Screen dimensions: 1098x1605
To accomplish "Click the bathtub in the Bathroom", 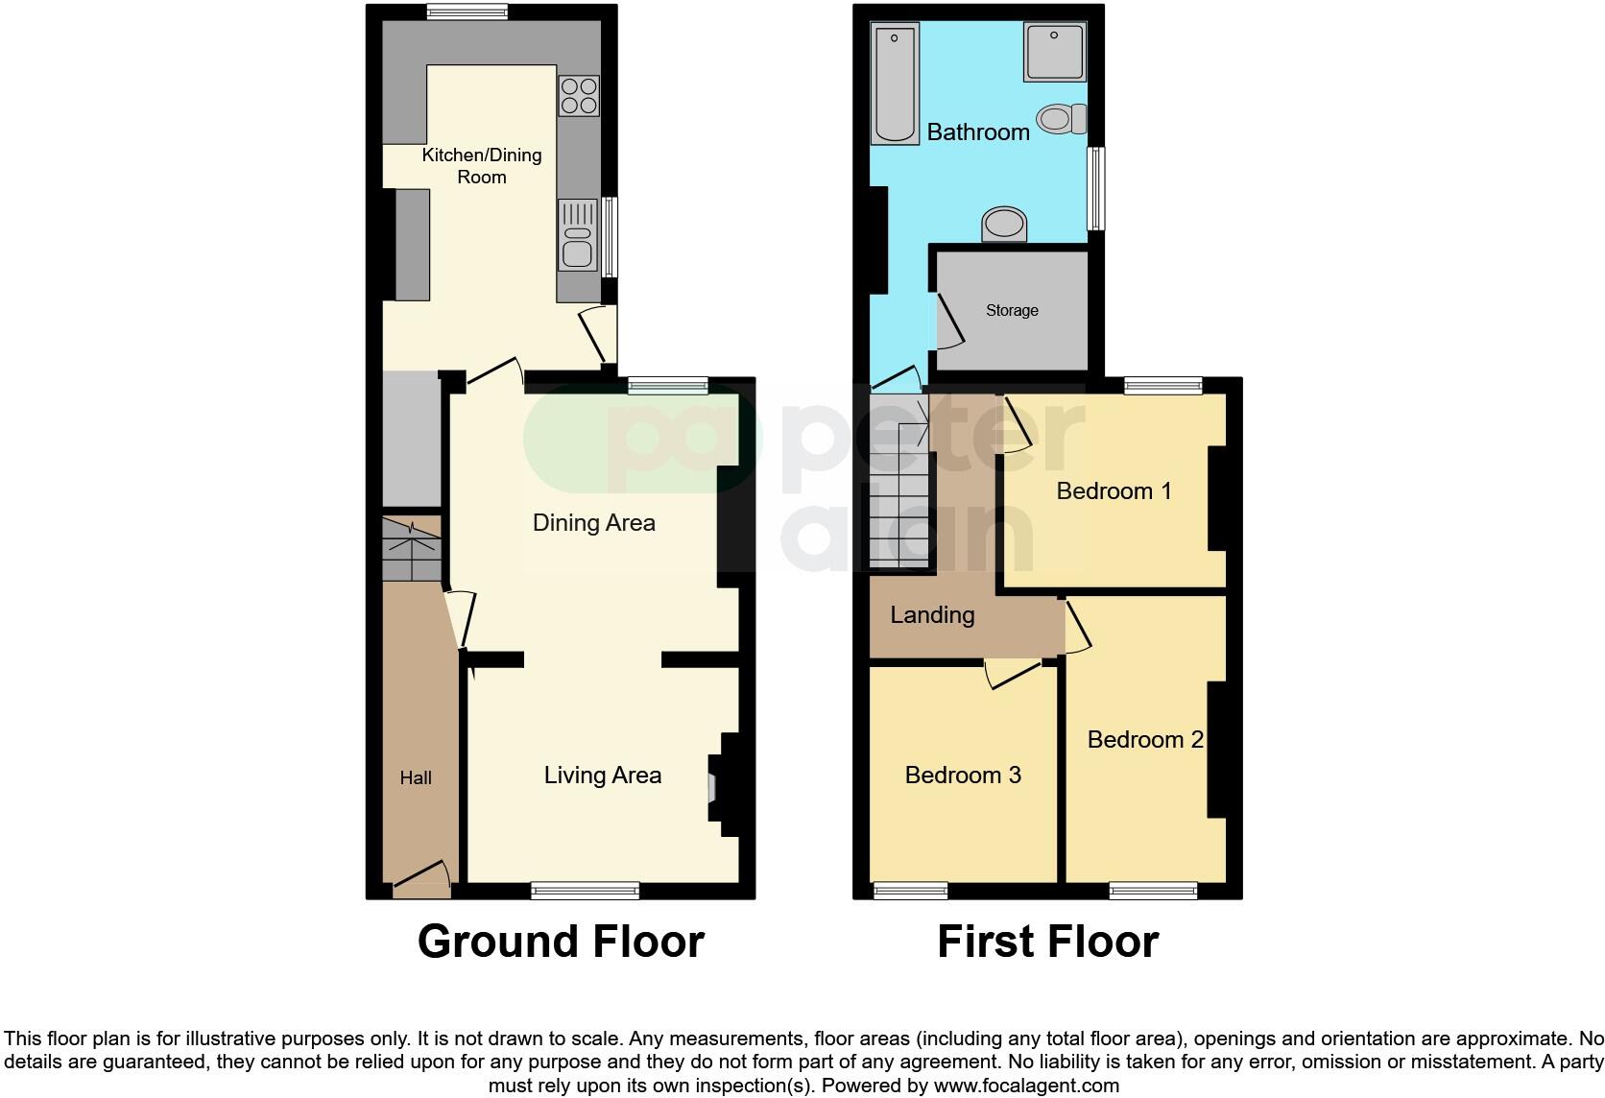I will (897, 84).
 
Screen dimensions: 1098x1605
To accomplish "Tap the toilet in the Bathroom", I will (1062, 119).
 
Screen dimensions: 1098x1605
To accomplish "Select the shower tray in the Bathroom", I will (1054, 52).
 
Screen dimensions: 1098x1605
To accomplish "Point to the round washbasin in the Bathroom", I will (1004, 225).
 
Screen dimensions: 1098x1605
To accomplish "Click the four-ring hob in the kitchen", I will (579, 96).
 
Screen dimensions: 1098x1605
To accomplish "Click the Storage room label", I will (1012, 311).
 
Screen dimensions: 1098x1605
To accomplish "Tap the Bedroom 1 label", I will (1114, 491).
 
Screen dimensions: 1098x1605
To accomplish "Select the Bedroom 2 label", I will (1145, 739).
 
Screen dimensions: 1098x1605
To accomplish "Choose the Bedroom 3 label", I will (963, 775).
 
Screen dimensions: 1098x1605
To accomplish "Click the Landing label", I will (932, 614).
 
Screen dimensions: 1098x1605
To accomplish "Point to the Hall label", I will (416, 778).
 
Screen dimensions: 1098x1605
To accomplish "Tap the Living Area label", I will (603, 776).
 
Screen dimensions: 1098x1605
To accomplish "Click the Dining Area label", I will (593, 523).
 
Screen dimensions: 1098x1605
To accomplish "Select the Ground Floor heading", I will (561, 942).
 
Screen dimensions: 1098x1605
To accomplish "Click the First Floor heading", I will (1047, 942).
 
